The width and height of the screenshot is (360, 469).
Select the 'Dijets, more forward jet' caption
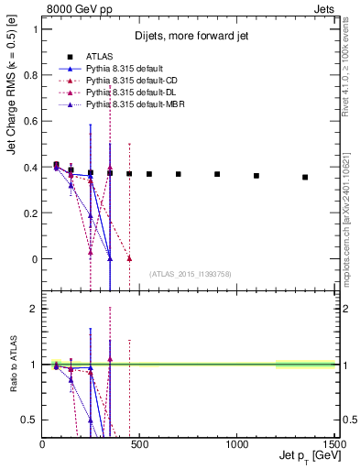coord(191,36)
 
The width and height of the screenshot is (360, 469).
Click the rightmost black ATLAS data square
coord(305,177)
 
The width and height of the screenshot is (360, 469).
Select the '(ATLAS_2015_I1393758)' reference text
coord(191,273)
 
